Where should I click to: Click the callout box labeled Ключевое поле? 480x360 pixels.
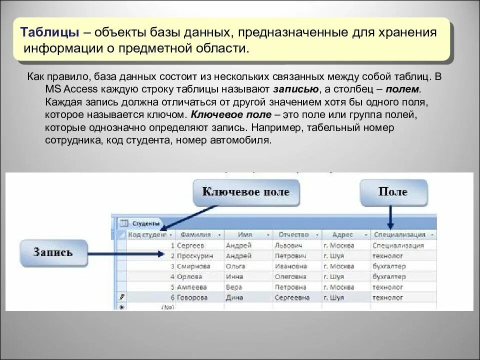click(x=246, y=192)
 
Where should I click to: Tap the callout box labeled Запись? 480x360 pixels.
click(x=53, y=252)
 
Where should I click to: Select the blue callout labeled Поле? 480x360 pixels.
click(x=393, y=192)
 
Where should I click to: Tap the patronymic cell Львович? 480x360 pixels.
click(x=289, y=245)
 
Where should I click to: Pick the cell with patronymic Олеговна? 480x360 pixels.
click(x=290, y=276)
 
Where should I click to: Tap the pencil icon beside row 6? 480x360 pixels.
click(x=120, y=297)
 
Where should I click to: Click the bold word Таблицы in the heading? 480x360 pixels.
click(x=49, y=32)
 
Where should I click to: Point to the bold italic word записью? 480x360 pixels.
click(x=296, y=89)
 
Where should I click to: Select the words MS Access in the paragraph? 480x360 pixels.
click(x=63, y=89)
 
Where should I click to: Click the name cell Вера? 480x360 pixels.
click(x=233, y=287)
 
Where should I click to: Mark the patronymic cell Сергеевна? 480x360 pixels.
click(x=292, y=297)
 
